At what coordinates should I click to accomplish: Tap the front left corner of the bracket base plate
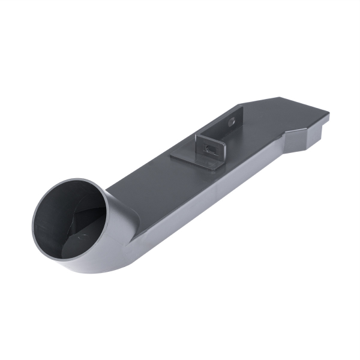click(x=172, y=158)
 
